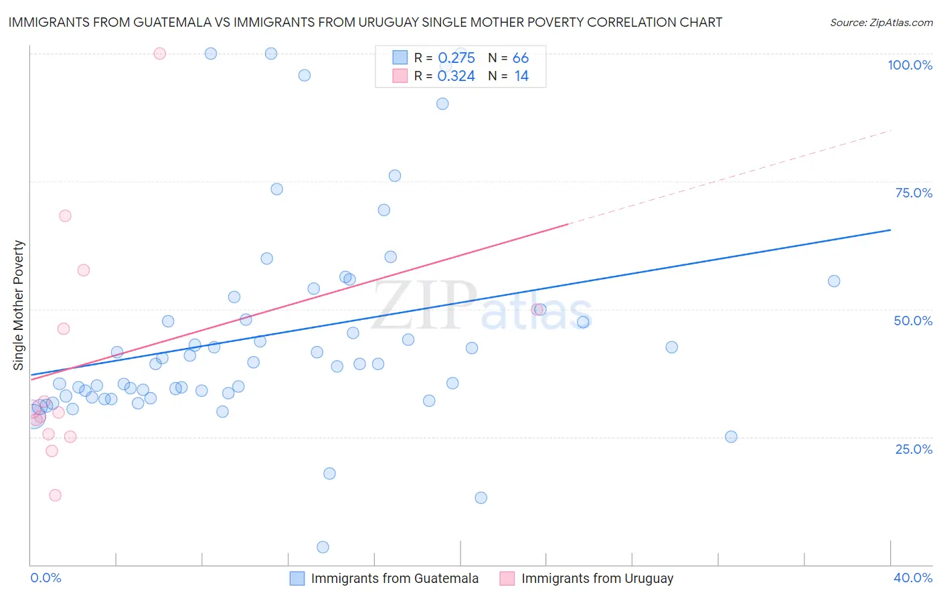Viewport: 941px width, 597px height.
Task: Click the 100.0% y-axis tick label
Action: (x=910, y=65)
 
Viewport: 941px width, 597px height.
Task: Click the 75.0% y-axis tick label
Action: (x=914, y=193)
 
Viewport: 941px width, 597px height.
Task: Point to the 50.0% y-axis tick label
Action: (x=913, y=321)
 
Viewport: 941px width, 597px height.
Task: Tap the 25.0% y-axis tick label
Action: (x=914, y=449)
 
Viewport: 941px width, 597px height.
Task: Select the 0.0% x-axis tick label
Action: (x=46, y=578)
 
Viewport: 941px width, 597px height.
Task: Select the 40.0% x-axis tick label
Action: (x=913, y=578)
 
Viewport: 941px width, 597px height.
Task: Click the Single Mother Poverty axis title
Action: (x=18, y=305)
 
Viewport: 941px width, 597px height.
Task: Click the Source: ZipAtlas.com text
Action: (x=881, y=23)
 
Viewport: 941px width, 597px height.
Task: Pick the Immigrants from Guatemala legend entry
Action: (x=384, y=578)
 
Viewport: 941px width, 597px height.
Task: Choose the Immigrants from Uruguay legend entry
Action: (x=587, y=578)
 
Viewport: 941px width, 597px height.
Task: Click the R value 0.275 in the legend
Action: (x=456, y=58)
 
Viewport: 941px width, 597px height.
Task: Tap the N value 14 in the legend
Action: (x=521, y=76)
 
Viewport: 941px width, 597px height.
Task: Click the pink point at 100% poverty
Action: (x=159, y=54)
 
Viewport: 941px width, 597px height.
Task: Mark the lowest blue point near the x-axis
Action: (x=323, y=547)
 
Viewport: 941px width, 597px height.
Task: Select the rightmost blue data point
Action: (x=834, y=281)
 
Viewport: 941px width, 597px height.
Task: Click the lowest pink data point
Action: (x=55, y=495)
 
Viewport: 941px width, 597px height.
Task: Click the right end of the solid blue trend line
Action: (x=890, y=230)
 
